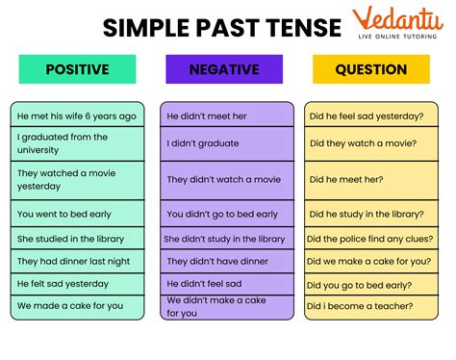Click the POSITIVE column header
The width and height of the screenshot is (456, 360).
(x=77, y=69)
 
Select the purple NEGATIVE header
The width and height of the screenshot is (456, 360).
(x=225, y=69)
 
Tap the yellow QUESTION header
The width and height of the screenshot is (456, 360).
(x=370, y=69)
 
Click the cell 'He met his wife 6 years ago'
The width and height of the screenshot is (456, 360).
(x=77, y=116)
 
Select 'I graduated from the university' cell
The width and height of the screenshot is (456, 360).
(x=77, y=143)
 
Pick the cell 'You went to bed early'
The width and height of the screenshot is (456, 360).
(x=77, y=214)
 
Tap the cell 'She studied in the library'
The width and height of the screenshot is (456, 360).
(x=77, y=238)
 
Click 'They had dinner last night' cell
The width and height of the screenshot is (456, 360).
(x=77, y=261)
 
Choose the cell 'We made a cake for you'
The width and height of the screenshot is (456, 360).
(x=77, y=306)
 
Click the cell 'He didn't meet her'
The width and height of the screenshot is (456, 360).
(x=225, y=116)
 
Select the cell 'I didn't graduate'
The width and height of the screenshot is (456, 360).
(x=225, y=143)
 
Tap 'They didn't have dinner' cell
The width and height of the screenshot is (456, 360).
(x=225, y=261)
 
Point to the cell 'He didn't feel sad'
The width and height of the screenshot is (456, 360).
(x=225, y=284)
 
